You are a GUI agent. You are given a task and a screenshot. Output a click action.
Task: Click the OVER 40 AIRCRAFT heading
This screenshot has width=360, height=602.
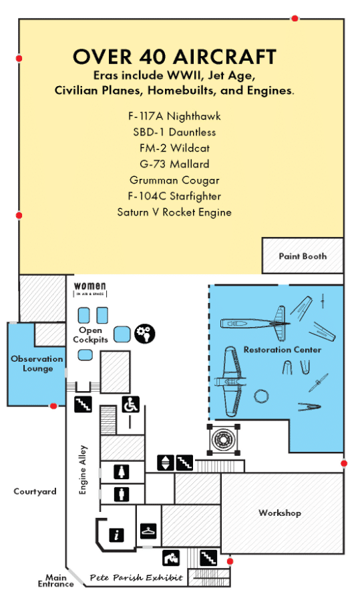(174, 57)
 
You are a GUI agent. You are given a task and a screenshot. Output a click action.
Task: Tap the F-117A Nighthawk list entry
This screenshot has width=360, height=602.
(174, 116)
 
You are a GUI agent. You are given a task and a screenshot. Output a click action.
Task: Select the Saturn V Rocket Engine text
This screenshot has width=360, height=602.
(174, 212)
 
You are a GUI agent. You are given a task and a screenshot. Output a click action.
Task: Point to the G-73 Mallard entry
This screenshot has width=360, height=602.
(174, 164)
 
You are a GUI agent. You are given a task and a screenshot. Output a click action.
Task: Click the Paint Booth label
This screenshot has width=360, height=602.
(303, 256)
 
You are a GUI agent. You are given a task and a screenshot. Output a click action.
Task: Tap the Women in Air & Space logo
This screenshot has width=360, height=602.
(89, 289)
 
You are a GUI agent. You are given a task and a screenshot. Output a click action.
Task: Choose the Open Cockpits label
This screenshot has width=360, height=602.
(90, 335)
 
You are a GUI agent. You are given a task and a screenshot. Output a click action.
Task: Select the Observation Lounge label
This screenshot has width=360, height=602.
(37, 364)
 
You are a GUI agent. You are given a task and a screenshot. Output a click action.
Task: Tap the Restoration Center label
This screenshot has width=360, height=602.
(282, 350)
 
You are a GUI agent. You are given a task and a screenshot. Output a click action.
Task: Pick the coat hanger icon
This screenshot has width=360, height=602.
(149, 531)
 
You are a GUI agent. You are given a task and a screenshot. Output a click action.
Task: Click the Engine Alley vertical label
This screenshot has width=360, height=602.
(83, 469)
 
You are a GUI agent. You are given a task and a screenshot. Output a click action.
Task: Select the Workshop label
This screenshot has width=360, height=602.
(280, 513)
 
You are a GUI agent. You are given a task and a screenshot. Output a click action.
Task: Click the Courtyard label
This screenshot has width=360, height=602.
(35, 492)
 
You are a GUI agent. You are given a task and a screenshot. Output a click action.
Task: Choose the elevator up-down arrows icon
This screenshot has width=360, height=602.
(165, 461)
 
